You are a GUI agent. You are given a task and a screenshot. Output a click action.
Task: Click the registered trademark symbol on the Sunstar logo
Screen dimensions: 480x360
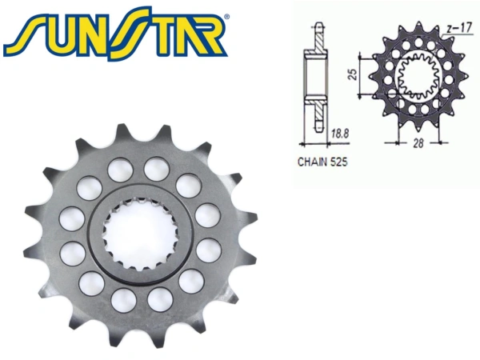click(x=226, y=16)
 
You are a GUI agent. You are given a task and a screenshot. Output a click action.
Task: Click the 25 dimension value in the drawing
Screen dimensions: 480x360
click(x=353, y=74)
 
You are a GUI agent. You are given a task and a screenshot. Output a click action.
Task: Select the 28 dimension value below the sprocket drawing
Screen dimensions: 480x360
click(x=418, y=143)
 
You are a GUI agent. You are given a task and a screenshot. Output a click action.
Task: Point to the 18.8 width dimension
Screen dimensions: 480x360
click(x=339, y=134)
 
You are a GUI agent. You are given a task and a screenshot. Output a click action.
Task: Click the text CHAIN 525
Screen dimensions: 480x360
click(x=322, y=162)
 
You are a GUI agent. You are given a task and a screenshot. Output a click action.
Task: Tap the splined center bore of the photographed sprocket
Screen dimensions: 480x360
click(x=138, y=234)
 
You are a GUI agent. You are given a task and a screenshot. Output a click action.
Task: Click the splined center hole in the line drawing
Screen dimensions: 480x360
click(x=418, y=77)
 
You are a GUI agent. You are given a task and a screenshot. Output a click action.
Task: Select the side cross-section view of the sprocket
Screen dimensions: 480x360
click(x=316, y=78)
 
